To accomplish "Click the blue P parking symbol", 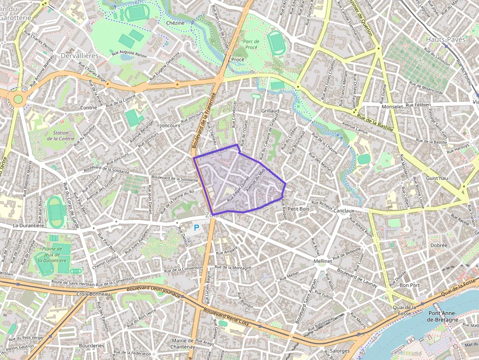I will [196, 227].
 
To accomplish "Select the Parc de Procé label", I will [251, 44].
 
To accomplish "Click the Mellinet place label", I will [323, 262].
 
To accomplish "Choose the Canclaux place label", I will [344, 211].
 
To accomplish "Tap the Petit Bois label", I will [299, 209].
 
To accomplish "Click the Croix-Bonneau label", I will [93, 294].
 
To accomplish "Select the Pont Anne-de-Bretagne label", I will [443, 316].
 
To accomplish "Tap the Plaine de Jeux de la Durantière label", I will [55, 254].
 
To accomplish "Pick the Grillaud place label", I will [270, 111].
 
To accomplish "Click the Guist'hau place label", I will [436, 178].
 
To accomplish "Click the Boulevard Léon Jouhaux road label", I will [153, 292].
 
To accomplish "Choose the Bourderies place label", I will [91, 345].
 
